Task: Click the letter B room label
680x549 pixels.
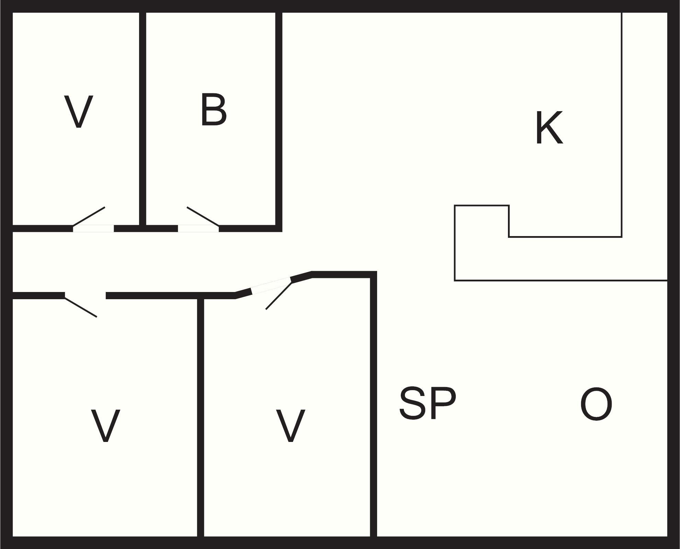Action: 214,109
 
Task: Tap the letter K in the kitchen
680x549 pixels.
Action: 549,128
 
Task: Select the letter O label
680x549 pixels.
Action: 596,404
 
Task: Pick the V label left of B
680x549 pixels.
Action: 79,112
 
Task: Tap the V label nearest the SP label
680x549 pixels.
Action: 291,425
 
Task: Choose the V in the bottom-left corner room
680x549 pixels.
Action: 105,425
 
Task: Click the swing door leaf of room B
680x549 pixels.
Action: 203,216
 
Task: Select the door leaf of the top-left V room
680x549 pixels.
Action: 89,216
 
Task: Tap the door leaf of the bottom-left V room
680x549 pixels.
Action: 81,307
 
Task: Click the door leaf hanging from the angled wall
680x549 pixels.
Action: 279,295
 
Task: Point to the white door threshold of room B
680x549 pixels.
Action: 198,229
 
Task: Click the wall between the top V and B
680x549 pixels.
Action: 143,119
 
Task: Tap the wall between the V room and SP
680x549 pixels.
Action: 374,407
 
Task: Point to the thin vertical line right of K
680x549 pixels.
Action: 622,125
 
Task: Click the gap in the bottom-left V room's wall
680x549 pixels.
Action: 85,295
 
